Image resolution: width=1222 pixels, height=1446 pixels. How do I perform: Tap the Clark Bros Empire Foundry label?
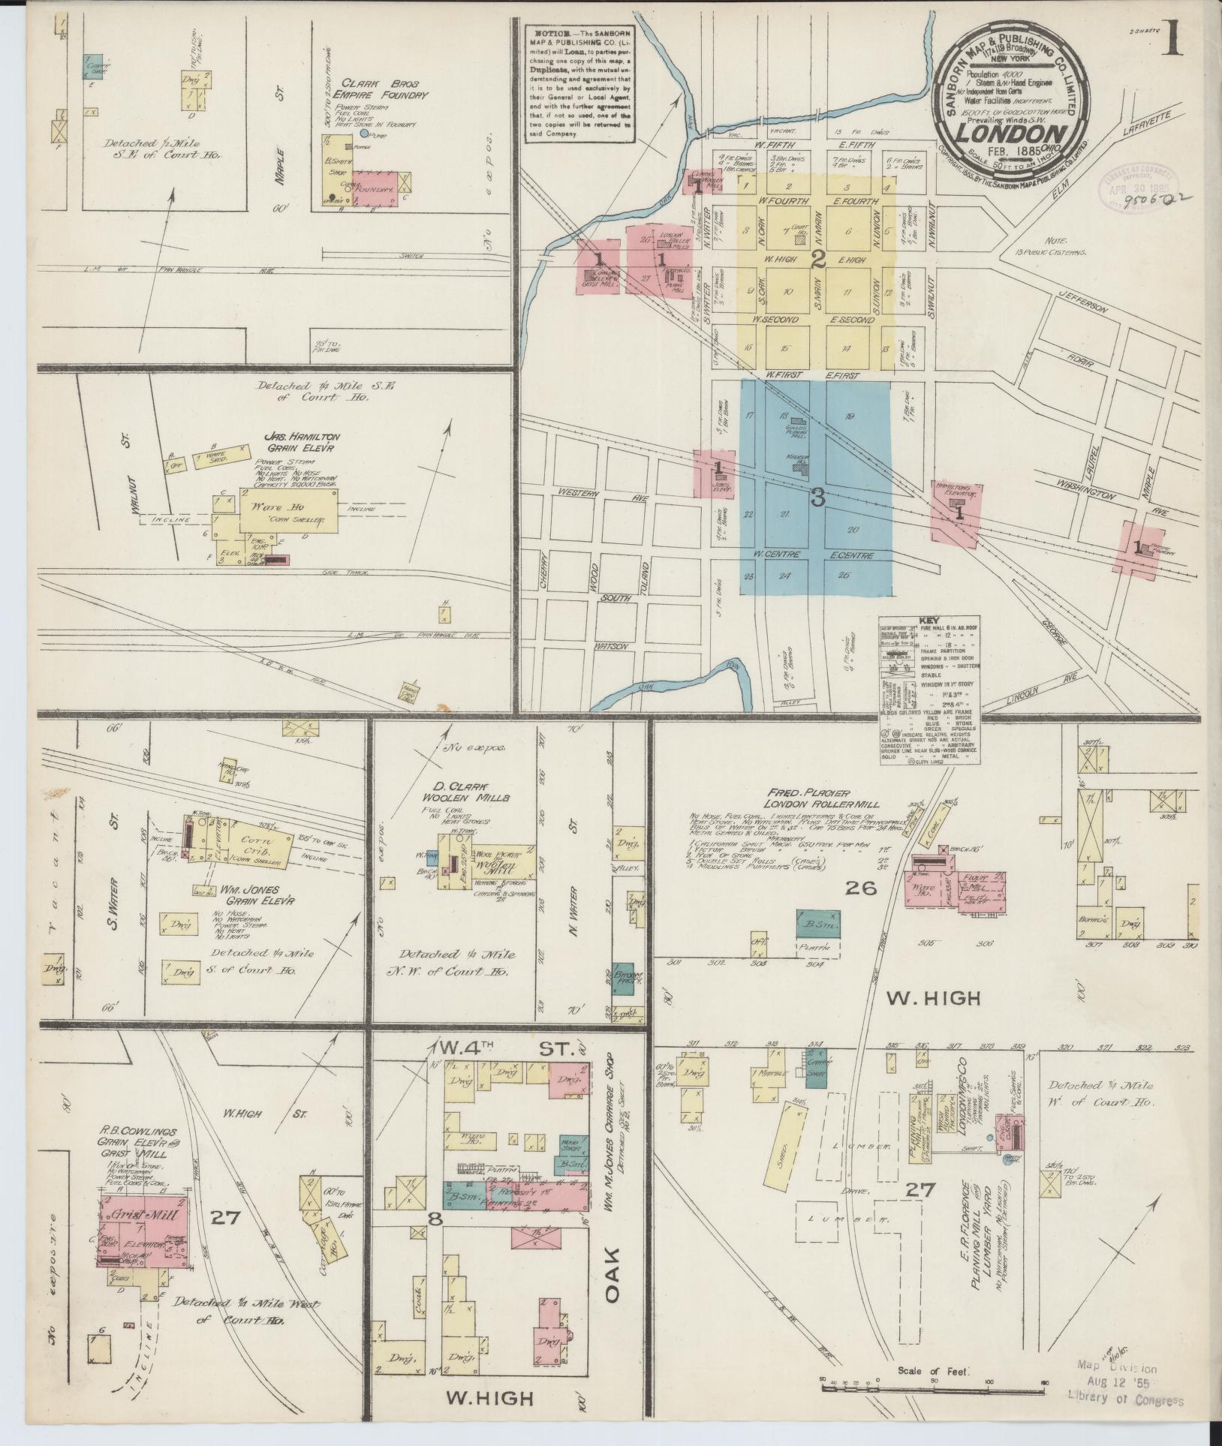[372, 89]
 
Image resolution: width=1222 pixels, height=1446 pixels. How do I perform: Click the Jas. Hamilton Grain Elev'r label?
[299, 441]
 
